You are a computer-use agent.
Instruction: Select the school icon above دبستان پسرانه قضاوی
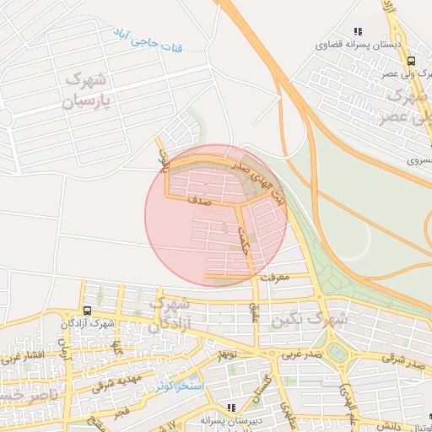[x=358, y=31]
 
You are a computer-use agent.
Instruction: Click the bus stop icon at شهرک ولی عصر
[x=411, y=61]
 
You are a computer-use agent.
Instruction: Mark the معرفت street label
[x=275, y=276]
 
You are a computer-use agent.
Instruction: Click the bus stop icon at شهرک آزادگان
[x=89, y=310]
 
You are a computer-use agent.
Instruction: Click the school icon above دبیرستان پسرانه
[x=231, y=408]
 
